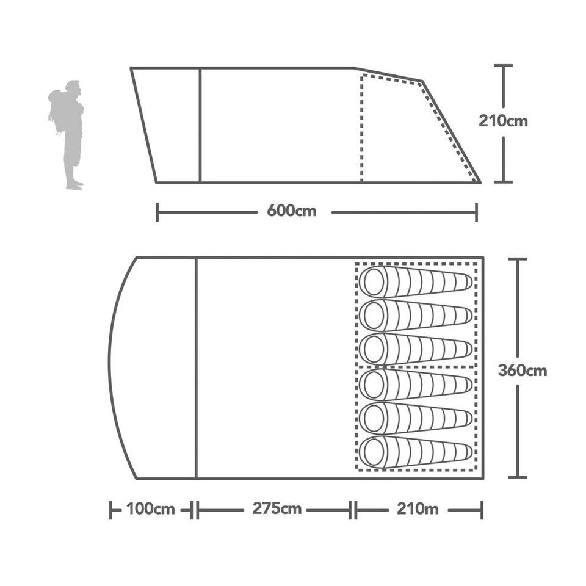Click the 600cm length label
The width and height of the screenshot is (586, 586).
click(x=292, y=212)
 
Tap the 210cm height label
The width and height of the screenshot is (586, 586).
click(x=503, y=121)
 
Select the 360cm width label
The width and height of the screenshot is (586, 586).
click(x=522, y=371)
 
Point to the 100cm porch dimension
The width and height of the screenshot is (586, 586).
click(x=151, y=509)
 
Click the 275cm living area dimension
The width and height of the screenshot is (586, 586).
click(x=277, y=509)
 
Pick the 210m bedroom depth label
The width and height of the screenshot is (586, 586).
click(x=418, y=509)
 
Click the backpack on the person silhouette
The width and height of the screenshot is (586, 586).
click(x=57, y=110)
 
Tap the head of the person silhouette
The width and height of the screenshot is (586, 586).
click(x=73, y=87)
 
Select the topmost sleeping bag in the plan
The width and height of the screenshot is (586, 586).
click(x=415, y=281)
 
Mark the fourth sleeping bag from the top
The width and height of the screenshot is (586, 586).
click(x=415, y=385)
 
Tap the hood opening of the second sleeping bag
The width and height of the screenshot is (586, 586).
click(x=373, y=316)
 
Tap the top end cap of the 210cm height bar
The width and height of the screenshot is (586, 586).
click(x=503, y=65)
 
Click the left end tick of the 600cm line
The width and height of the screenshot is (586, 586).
click(x=157, y=212)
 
